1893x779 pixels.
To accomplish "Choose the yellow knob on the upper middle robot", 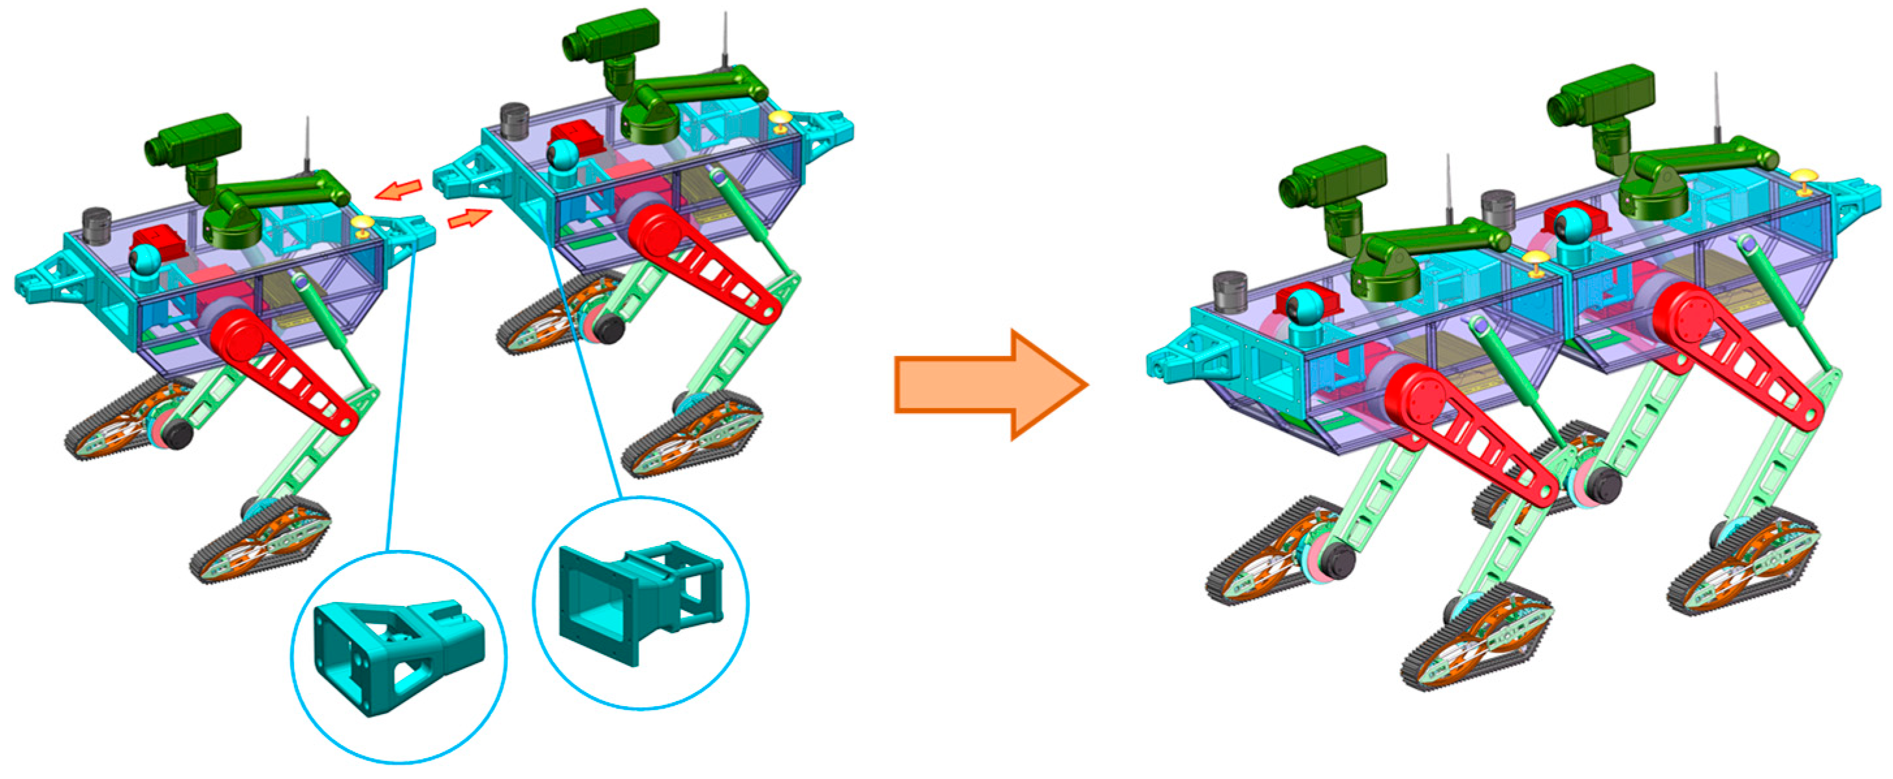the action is pyautogui.click(x=781, y=119).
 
